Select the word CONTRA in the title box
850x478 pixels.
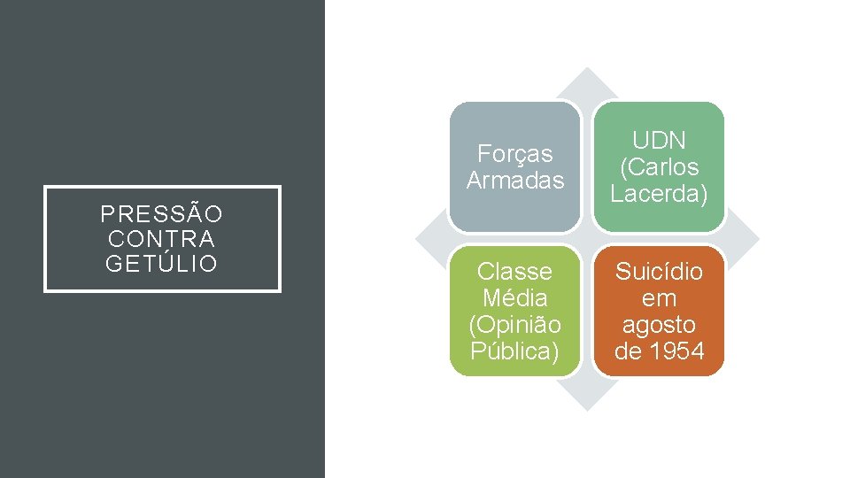point(161,239)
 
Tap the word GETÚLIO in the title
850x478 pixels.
point(161,263)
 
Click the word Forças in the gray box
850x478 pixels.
point(514,154)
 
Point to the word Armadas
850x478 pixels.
point(514,181)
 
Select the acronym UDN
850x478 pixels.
point(659,141)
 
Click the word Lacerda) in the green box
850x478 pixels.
point(659,194)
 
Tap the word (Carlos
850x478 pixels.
point(659,167)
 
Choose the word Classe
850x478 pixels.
point(514,272)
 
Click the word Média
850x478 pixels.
point(514,298)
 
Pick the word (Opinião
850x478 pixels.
point(514,325)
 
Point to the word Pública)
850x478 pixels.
point(514,351)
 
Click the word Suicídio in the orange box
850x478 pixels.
point(659,272)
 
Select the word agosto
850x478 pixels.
point(659,325)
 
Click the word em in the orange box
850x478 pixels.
point(659,298)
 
